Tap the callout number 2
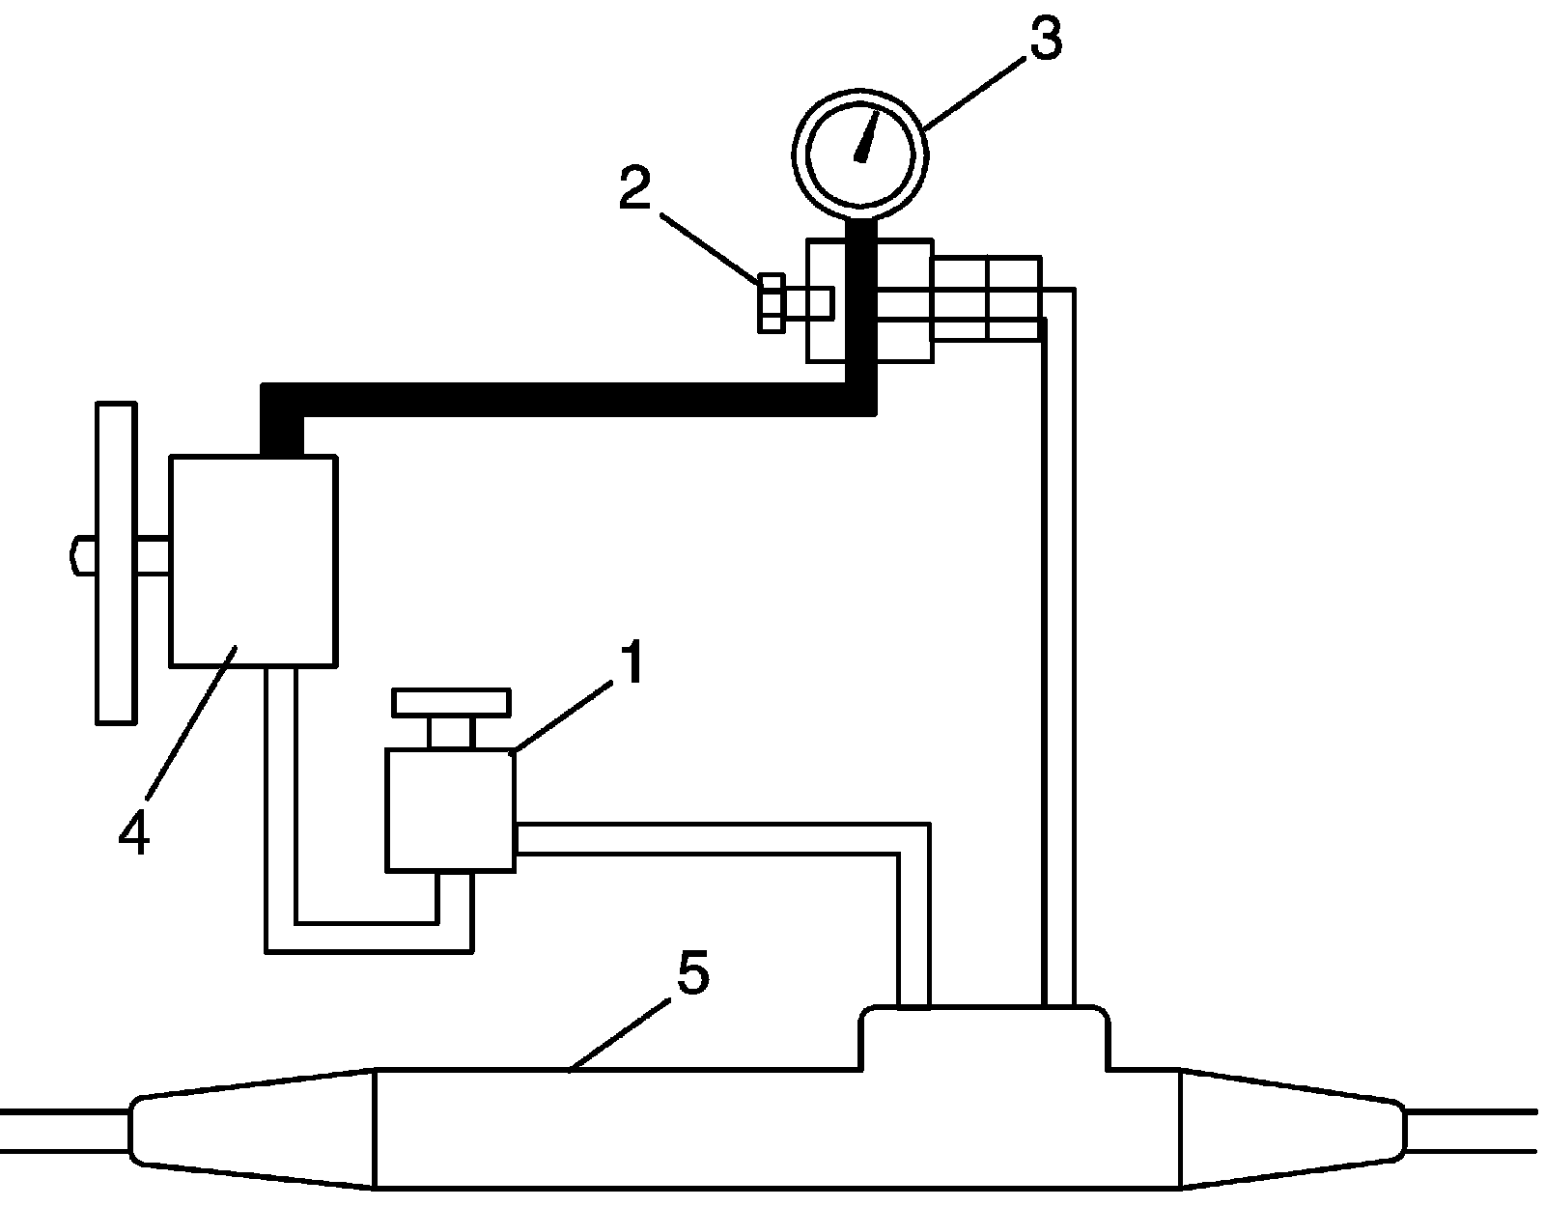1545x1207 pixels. (x=634, y=191)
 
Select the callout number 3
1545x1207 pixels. (x=1044, y=39)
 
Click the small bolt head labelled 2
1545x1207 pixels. (x=771, y=303)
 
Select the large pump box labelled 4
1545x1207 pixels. (x=253, y=561)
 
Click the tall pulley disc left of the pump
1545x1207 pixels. (x=116, y=562)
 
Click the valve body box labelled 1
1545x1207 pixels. (x=449, y=810)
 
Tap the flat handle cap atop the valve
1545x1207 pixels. (x=451, y=702)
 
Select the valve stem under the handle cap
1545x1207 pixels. (x=451, y=732)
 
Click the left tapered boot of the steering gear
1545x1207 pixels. (x=251, y=1126)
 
